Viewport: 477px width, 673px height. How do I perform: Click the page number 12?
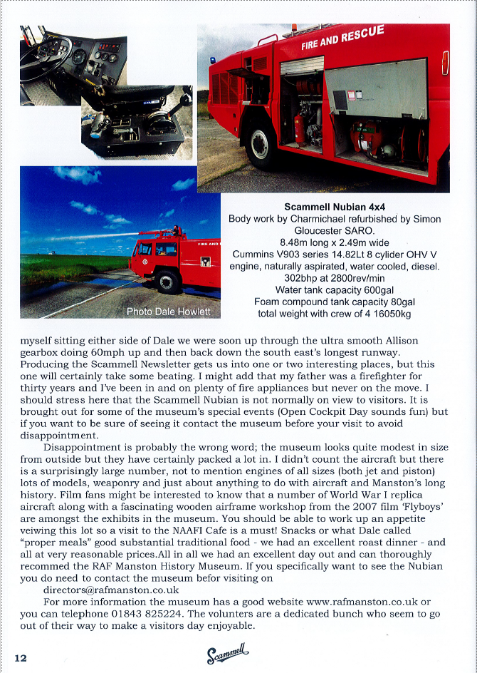19,657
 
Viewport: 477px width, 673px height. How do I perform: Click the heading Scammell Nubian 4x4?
325,206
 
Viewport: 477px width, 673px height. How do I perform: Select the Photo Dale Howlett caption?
168,312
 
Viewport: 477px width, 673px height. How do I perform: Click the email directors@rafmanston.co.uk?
110,590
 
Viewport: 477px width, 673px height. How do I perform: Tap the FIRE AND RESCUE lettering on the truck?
342,38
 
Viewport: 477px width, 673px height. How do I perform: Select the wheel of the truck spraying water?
168,282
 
